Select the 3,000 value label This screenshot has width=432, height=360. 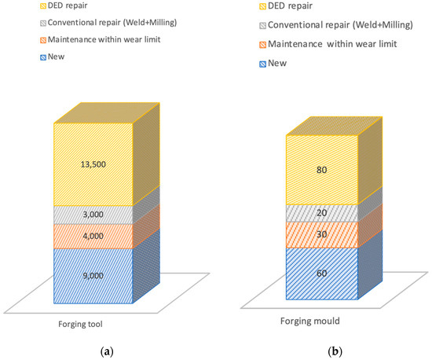pos(93,214)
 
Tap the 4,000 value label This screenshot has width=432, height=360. pos(93,235)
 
